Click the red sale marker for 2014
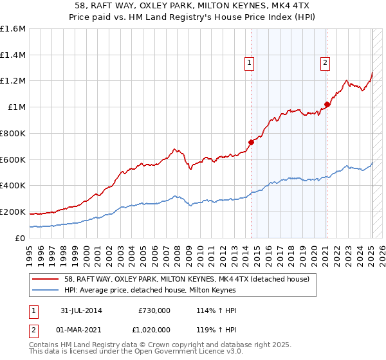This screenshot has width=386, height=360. pyautogui.click(x=252, y=143)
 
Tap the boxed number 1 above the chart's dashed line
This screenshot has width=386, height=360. pyautogui.click(x=249, y=63)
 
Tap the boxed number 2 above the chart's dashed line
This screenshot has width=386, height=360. pyautogui.click(x=326, y=63)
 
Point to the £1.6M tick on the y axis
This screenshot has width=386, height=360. pyautogui.click(x=13, y=29)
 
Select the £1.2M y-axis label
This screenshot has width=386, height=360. pyautogui.click(x=13, y=81)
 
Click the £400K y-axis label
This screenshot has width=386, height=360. pyautogui.click(x=12, y=185)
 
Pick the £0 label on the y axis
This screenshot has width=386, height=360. pyautogui.click(x=21, y=238)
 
